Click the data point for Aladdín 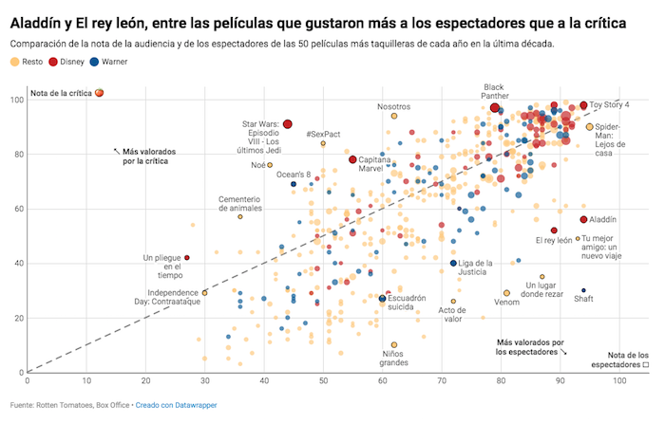583,220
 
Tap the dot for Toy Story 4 583,105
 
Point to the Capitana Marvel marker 352,159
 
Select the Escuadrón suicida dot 383,299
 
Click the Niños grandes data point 394,345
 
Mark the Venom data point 506,293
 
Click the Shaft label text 583,299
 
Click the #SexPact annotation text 323,134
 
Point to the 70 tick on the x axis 442,381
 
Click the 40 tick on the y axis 17,263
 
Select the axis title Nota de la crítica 62,93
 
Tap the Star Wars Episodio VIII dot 287,124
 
